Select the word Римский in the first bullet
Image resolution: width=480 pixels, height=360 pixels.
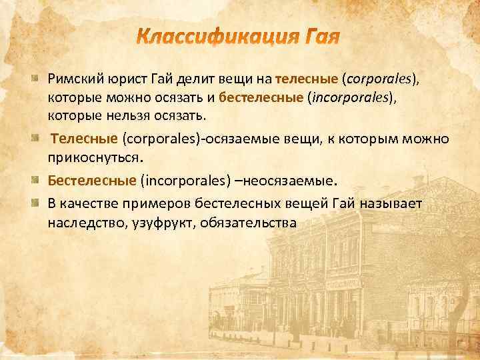[x=75, y=80]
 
